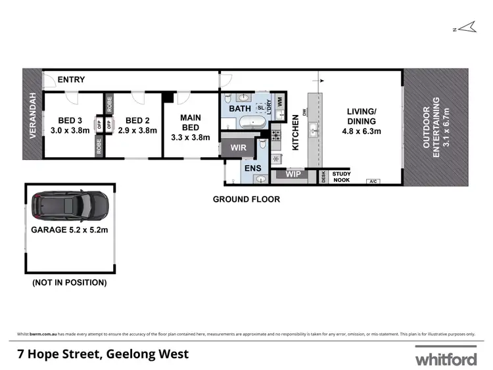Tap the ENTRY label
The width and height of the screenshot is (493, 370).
(x=71, y=80)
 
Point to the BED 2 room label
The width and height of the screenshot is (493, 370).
(x=139, y=125)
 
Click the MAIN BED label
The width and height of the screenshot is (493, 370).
(x=191, y=128)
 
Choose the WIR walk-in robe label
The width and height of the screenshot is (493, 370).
(x=239, y=148)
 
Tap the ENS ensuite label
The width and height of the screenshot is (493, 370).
(x=253, y=168)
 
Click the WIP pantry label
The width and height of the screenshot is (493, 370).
(x=294, y=175)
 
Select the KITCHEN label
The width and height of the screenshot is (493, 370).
(x=295, y=132)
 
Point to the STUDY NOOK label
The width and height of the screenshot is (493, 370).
(x=342, y=176)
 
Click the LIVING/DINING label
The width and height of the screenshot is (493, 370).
(x=362, y=126)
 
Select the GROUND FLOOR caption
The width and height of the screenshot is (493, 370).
(x=246, y=199)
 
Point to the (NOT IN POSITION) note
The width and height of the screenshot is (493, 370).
(x=70, y=283)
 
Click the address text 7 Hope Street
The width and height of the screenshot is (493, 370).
(x=103, y=354)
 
